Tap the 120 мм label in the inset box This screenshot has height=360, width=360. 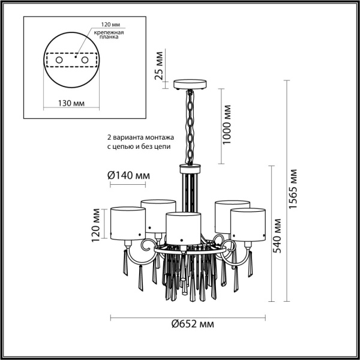click(103, 25)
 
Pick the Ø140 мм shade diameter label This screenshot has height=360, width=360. click(128, 175)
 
